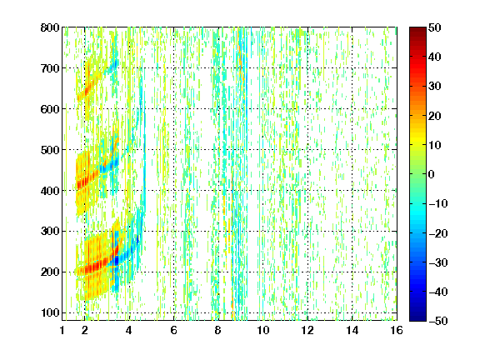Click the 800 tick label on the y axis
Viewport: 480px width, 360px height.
tap(50, 27)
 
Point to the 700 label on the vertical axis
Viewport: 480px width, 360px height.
tap(50, 68)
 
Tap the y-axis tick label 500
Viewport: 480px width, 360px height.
tap(50, 150)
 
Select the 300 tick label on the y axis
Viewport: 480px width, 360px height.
tap(50, 232)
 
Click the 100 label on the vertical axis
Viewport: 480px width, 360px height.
tap(50, 313)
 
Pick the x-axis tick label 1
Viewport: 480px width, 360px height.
tap(62, 330)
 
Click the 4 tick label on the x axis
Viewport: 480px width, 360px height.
tap(129, 330)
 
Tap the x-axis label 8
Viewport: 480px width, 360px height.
tap(217, 330)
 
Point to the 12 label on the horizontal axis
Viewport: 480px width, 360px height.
tap(307, 330)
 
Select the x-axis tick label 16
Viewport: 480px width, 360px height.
tap(397, 330)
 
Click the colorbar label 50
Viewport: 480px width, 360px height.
tap(435, 27)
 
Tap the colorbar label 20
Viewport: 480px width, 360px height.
tap(435, 116)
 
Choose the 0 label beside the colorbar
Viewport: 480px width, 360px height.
tap(432, 174)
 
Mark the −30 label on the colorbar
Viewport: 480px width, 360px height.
tap(438, 262)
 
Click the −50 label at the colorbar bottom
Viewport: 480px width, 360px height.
tap(438, 321)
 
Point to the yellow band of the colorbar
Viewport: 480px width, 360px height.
tap(417, 140)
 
